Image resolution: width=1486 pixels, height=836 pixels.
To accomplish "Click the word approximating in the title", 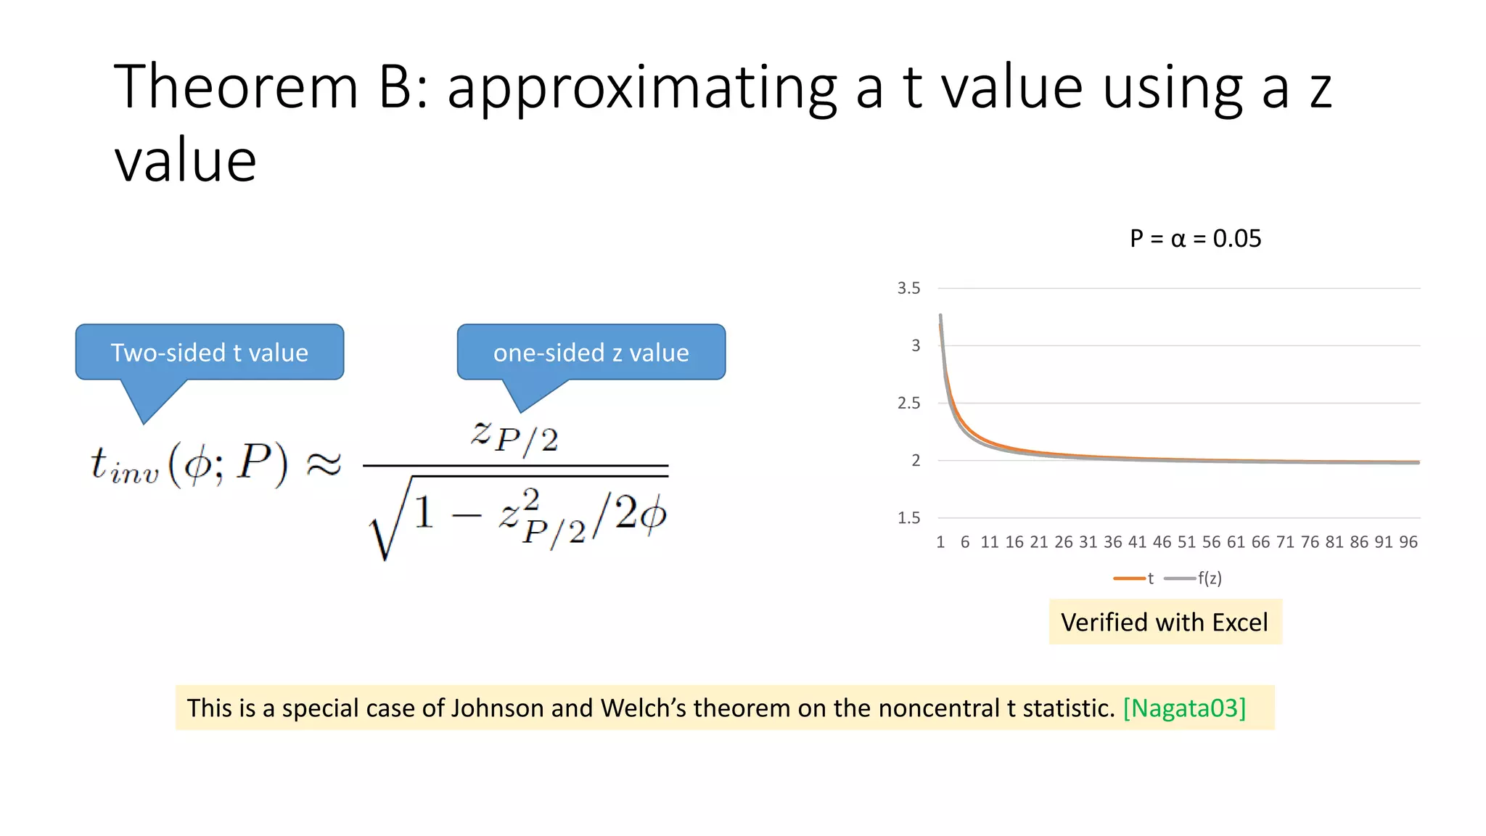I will pyautogui.click(x=641, y=89).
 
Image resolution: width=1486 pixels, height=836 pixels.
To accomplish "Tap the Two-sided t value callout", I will pyautogui.click(x=209, y=353).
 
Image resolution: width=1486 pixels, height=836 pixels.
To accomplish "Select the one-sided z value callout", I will pyautogui.click(x=591, y=353).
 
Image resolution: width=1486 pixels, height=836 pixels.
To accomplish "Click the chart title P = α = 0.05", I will pyautogui.click(x=1195, y=239).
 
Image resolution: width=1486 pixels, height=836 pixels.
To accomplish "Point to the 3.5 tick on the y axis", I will pyautogui.click(x=908, y=288).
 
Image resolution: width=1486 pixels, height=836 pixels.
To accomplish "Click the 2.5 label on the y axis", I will pyautogui.click(x=908, y=403).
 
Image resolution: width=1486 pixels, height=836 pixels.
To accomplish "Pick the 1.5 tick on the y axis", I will pyautogui.click(x=908, y=518).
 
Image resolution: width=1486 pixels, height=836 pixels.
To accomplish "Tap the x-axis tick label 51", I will pyautogui.click(x=1186, y=542).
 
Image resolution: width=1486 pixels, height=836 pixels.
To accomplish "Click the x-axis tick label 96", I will pyautogui.click(x=1408, y=542).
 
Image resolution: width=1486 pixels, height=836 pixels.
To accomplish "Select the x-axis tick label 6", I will pyautogui.click(x=965, y=542).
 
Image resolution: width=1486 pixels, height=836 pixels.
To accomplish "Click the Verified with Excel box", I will pyautogui.click(x=1165, y=623).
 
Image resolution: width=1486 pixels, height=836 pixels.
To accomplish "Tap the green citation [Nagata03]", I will pyautogui.click(x=1184, y=708).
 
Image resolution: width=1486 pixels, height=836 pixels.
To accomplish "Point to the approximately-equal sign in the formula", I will pyautogui.click(x=324, y=464).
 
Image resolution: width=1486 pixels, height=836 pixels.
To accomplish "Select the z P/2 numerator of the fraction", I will pyautogui.click(x=514, y=436).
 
